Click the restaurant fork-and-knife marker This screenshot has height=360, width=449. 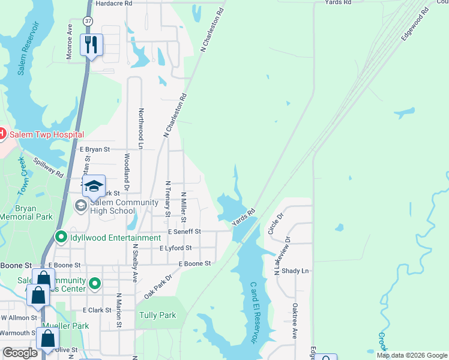tap(91, 45)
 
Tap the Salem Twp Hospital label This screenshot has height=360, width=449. tap(46, 134)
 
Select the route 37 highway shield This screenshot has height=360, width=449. tap(89, 22)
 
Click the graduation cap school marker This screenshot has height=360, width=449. tap(94, 187)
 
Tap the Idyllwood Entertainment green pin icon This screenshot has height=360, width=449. tap(61, 238)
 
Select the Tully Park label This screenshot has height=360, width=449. tap(157, 315)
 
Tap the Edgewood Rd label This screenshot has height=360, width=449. tap(415, 23)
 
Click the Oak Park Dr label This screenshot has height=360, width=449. tap(158, 287)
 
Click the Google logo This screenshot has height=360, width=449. tap(20, 353)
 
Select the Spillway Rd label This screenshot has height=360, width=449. tap(48, 167)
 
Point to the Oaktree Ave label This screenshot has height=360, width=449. tap(295, 321)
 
